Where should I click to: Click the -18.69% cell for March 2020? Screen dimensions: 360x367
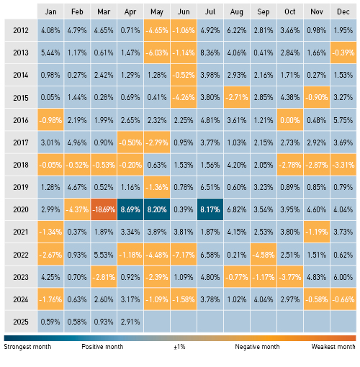tap(104, 209)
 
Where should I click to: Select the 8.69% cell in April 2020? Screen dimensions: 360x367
tap(130, 209)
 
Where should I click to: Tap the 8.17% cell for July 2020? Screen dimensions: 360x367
tap(210, 209)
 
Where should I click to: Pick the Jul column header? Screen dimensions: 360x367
tap(210, 12)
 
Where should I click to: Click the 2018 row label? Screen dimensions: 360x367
tap(21, 165)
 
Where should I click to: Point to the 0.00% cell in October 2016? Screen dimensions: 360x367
tap(290, 120)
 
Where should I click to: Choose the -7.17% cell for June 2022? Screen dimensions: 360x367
tap(184, 255)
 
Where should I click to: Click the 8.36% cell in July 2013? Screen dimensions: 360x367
tap(210, 53)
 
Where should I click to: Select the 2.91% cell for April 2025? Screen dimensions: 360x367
tap(130, 322)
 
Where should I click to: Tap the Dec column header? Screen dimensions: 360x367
tap(343, 12)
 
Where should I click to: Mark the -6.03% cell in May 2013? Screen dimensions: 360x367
tap(157, 53)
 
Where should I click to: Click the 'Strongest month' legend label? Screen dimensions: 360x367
tap(27, 347)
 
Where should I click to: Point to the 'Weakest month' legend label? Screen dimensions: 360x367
tap(333, 347)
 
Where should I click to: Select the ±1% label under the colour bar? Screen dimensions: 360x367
tap(179, 347)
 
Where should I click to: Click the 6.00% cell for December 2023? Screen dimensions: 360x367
tap(343, 277)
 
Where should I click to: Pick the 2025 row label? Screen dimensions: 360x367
tap(21, 322)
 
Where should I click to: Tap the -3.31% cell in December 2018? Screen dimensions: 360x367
tap(343, 165)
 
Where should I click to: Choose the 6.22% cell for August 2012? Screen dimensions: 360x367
tap(237, 30)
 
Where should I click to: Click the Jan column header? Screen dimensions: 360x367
tap(50, 12)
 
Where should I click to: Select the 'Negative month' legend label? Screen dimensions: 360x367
tap(257, 347)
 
